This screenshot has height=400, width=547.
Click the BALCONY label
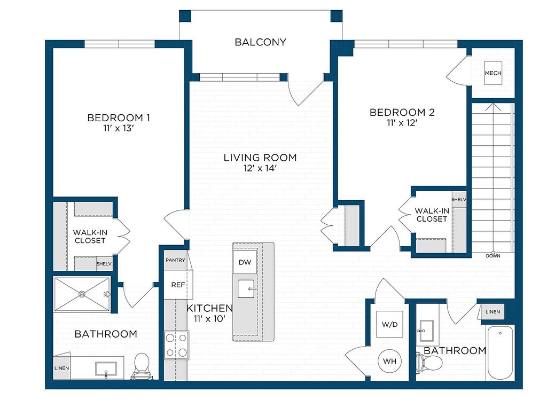click(260, 42)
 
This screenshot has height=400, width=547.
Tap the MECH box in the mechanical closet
click(493, 73)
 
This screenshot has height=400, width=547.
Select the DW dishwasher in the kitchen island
click(245, 262)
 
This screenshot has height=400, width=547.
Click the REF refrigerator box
click(178, 285)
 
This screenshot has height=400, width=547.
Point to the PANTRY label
click(175, 260)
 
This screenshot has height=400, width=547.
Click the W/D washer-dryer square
click(389, 324)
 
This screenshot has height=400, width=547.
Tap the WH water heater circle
click(389, 362)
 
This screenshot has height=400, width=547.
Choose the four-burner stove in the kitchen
click(176, 345)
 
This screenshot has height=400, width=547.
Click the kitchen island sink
click(246, 289)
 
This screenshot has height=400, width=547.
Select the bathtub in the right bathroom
click(500, 352)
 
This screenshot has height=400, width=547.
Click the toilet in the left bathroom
click(141, 365)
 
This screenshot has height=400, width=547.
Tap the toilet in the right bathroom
click(429, 363)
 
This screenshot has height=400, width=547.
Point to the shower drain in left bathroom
click(82, 294)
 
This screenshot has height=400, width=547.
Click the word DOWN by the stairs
click(493, 256)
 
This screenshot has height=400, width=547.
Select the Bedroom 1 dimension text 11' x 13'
click(119, 128)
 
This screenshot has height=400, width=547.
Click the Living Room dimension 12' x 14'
click(260, 168)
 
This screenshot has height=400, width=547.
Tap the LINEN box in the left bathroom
click(62, 368)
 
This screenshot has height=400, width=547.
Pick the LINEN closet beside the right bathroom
click(493, 312)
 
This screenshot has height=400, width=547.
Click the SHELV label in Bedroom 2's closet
click(459, 200)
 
